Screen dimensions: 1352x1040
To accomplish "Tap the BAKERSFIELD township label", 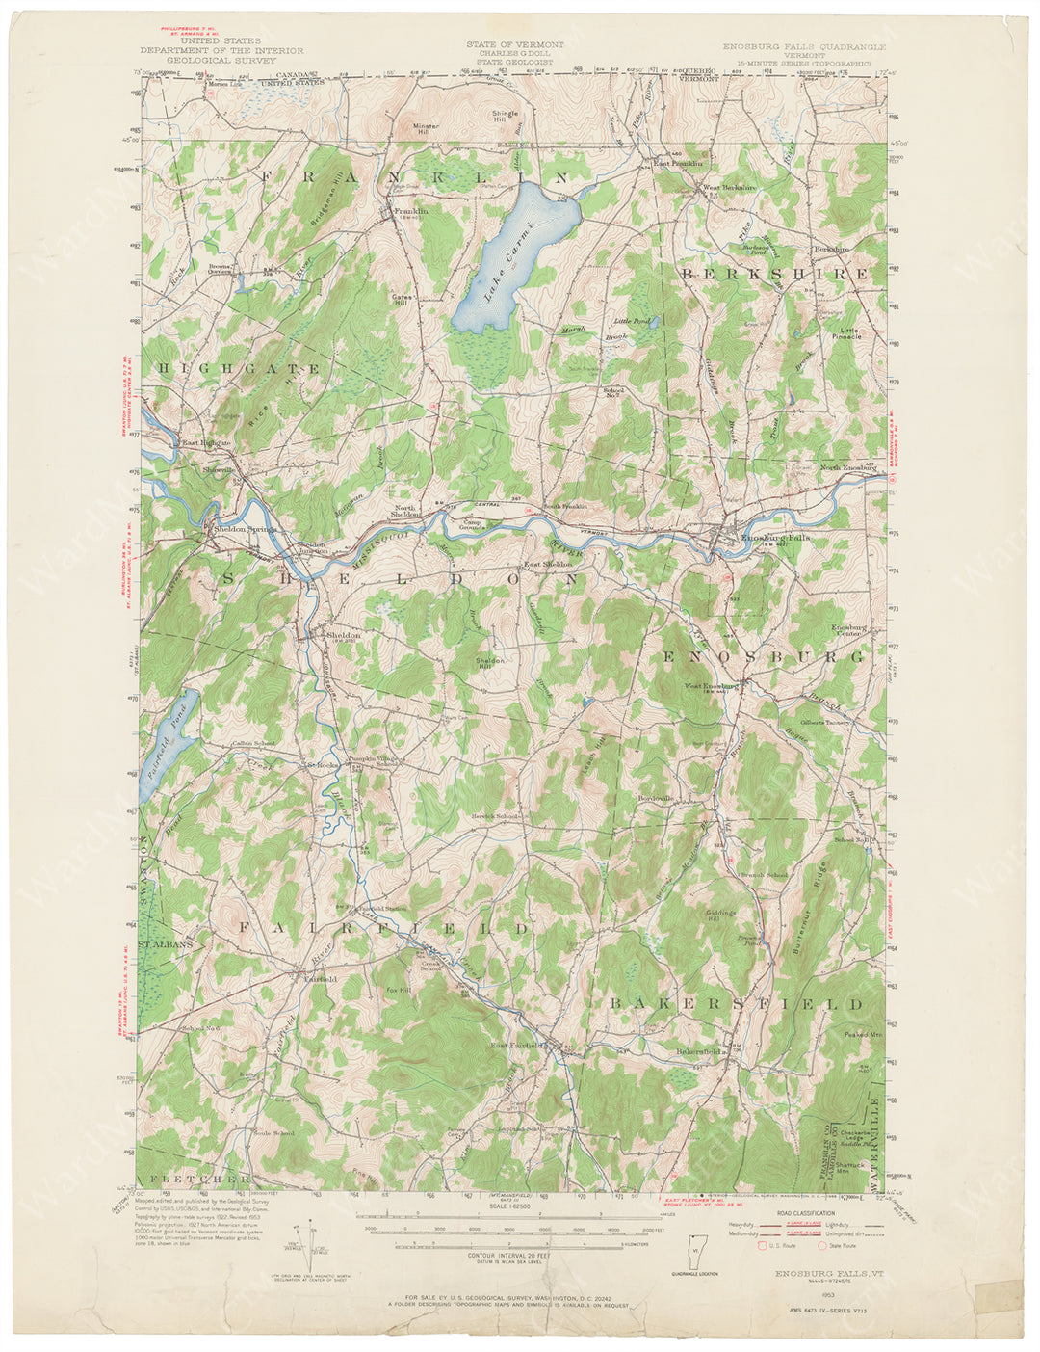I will [736, 1003].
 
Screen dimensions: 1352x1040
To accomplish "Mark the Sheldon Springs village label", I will [245, 529].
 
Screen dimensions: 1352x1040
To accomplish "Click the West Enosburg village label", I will [710, 686].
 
